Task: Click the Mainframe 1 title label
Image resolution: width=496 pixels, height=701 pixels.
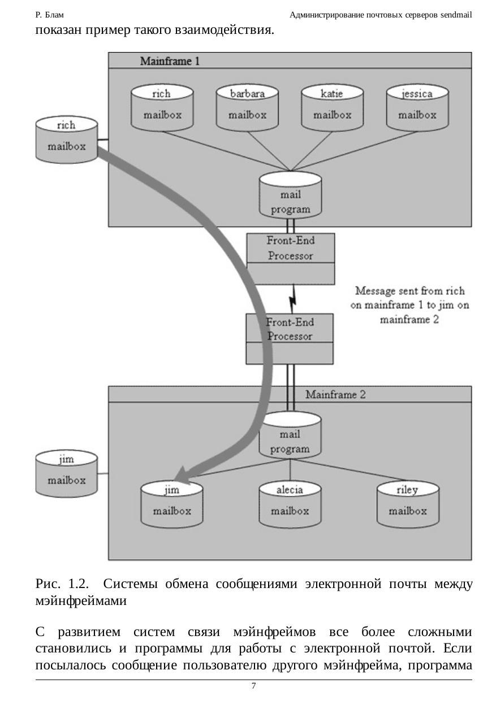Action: pos(170,60)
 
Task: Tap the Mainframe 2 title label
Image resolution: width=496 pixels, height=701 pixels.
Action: pos(335,394)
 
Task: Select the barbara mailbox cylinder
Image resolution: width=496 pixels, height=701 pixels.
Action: pos(247,108)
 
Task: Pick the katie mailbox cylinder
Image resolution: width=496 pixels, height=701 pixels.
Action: pos(332,108)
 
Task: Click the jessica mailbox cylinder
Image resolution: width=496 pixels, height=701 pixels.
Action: pos(417,108)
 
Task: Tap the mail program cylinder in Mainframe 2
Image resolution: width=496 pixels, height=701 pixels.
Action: pos(290,436)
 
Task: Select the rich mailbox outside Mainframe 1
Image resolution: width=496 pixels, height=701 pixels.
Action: pos(67,140)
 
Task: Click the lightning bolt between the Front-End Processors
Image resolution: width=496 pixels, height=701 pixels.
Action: pos(293,298)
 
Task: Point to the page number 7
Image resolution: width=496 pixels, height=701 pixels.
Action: pos(253,686)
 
